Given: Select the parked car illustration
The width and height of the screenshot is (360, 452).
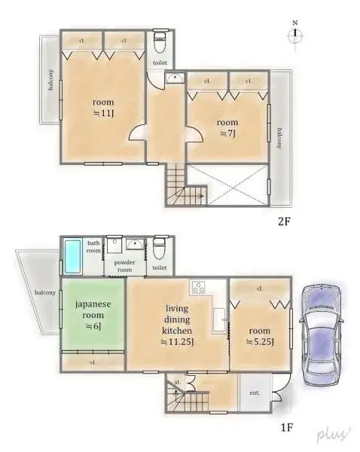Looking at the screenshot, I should coord(321,333).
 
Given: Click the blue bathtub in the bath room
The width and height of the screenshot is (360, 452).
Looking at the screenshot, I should coord(72,257).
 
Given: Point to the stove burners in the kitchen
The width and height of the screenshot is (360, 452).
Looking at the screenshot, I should coord(200,287).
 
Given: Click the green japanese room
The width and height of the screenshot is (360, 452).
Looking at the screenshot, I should coord(93,315).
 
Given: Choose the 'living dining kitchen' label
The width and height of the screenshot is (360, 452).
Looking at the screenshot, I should coord(178,319).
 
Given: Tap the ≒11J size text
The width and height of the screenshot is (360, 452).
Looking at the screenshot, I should coord(102,114).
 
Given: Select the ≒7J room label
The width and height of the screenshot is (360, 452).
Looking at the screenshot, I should coord(227,133).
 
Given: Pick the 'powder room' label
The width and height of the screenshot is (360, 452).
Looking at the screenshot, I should coord(124,265).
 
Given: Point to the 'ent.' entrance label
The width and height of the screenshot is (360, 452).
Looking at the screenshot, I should coord(255,392).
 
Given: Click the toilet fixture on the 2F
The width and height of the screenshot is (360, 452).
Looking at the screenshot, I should coord(159,40).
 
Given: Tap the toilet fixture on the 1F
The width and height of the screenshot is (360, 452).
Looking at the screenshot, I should coord(159,247).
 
